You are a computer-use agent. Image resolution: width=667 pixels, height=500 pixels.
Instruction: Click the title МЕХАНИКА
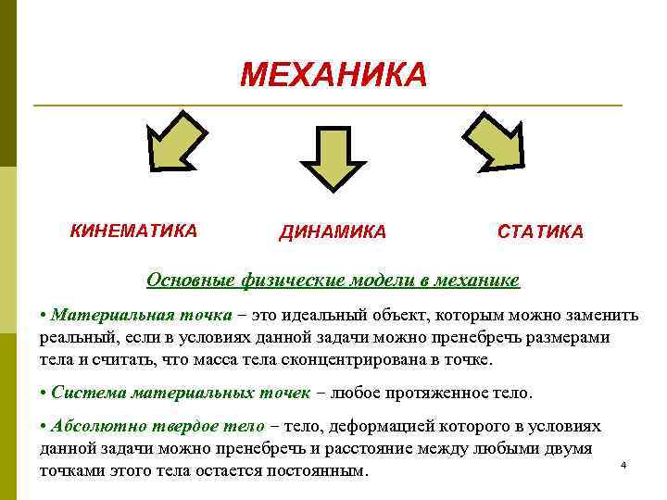[x=333, y=75]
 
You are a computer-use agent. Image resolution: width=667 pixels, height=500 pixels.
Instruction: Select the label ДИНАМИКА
[x=333, y=232]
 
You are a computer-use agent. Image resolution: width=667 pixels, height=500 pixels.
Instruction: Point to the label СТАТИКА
[x=540, y=232]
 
